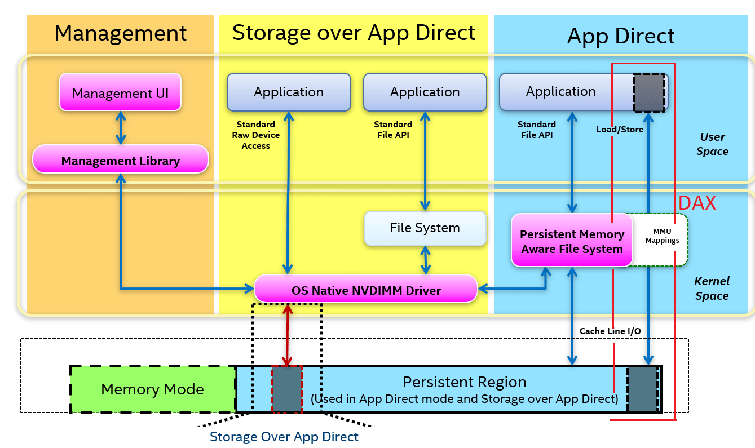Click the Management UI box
(120, 92)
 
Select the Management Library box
(120, 160)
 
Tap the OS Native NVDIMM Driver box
(365, 290)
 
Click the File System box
(425, 228)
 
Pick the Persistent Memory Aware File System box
(571, 241)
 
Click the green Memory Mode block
(152, 389)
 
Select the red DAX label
(696, 203)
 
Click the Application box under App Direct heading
(560, 92)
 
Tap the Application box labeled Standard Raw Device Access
(288, 92)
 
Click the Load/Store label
(619, 130)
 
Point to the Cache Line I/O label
(610, 331)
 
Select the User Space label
(712, 144)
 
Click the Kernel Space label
(712, 288)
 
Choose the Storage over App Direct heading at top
(354, 33)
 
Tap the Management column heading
(120, 33)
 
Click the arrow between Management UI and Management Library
(120, 127)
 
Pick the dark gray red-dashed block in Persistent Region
(287, 389)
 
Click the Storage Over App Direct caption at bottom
(284, 437)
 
